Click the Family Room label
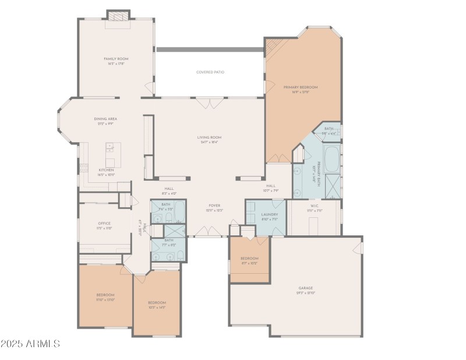coord(116,59)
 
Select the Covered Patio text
coord(210,72)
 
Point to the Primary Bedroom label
coord(300,87)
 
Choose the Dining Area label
coord(105,119)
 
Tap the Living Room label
coord(211,137)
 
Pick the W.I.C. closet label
coord(315,205)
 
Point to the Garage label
coord(306,288)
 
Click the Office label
coord(104,223)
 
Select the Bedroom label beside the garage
coord(249,258)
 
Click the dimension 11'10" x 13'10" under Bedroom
coord(105,299)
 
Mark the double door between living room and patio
coord(209,103)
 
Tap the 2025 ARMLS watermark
coord(30,344)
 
